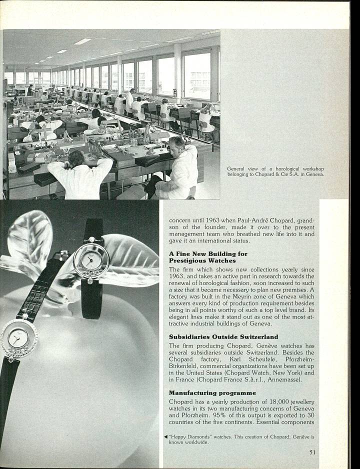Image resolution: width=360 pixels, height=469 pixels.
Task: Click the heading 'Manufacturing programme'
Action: coord(212,393)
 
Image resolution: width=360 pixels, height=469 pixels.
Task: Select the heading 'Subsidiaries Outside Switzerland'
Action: coord(223,337)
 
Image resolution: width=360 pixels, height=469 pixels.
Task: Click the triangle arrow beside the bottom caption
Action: coord(165,436)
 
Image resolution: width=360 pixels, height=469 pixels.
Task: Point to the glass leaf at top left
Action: coord(30,235)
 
